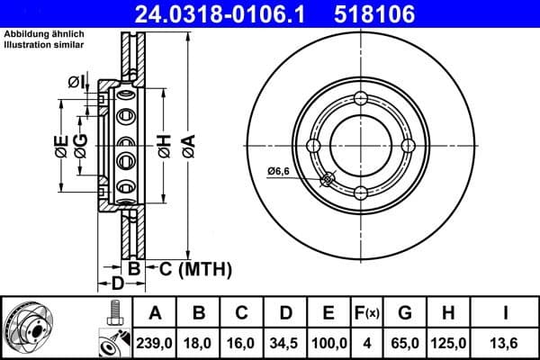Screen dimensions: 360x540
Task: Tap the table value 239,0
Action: pos(155,342)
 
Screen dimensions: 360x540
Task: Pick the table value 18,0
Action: pos(199,342)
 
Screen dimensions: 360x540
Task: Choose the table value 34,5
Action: pos(285,342)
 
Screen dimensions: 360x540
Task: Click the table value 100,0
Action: pos(328,342)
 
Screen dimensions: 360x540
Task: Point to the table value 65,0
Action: pos(406,342)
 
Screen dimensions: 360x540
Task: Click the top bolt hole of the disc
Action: pos(361,98)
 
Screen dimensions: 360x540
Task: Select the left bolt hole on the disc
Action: pos(313,146)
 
